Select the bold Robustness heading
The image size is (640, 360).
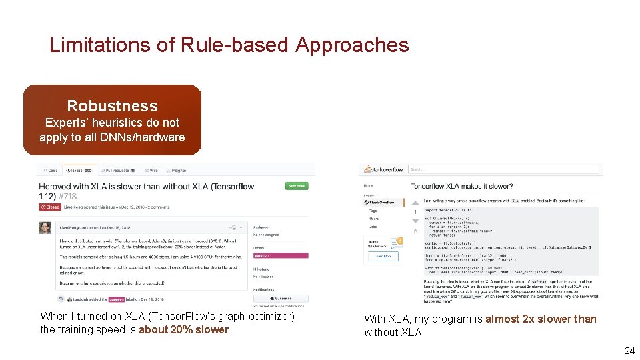coord(112,105)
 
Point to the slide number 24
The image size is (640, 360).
coord(629,351)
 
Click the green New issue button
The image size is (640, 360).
coord(296,186)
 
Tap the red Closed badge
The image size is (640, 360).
coord(50,207)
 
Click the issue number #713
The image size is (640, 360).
coord(67,196)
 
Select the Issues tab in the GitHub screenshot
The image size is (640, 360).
coord(79,171)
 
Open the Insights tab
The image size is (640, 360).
coord(177,171)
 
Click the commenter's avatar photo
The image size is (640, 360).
coord(45,227)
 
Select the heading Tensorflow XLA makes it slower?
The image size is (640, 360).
coord(461,186)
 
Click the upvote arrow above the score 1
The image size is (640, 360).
coord(415,201)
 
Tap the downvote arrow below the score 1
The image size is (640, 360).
coord(415,221)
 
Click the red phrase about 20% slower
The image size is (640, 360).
coord(183,329)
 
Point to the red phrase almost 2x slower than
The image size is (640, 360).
coord(541,319)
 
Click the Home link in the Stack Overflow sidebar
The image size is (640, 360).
coord(368,186)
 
